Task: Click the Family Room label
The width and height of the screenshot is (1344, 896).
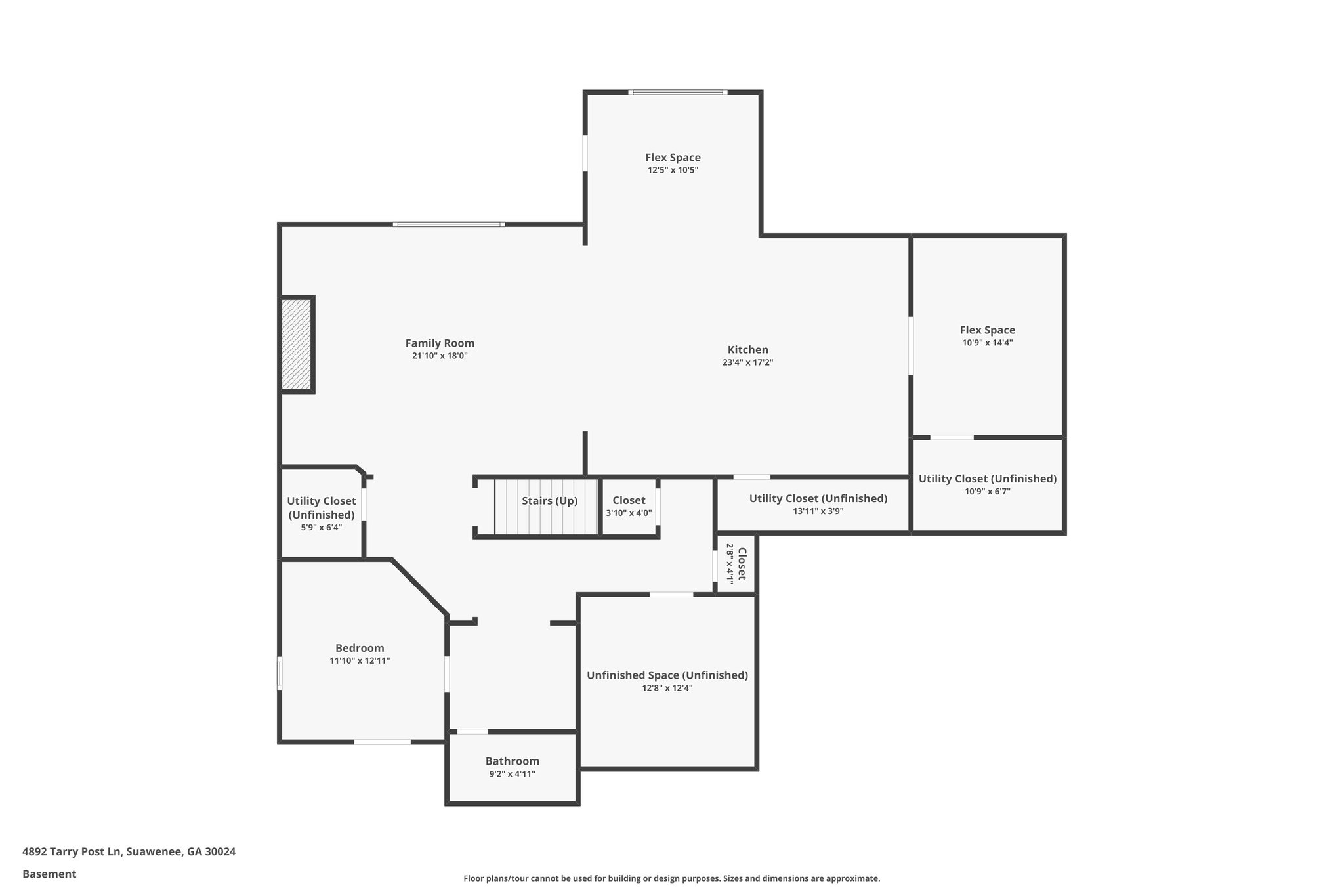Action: click(440, 343)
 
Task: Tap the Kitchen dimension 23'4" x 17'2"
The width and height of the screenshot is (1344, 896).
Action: click(747, 362)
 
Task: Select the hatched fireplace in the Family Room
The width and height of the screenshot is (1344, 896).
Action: click(297, 345)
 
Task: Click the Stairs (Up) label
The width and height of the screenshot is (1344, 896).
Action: click(549, 501)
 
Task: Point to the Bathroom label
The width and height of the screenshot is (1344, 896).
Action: click(512, 761)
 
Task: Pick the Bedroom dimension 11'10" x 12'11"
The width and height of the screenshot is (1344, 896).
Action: click(360, 661)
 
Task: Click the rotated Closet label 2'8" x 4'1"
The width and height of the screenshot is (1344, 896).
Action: click(736, 564)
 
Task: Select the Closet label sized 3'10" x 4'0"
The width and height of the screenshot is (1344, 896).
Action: click(629, 501)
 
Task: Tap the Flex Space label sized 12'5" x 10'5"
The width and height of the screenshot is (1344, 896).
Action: click(673, 158)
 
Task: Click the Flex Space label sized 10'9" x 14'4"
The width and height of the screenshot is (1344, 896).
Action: click(987, 330)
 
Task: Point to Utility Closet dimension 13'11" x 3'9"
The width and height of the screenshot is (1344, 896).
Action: click(818, 511)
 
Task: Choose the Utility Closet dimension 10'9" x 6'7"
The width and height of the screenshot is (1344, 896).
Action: click(987, 491)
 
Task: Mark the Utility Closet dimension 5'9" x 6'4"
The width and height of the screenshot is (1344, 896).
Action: click(322, 527)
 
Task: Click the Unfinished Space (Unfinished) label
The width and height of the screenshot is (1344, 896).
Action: click(667, 675)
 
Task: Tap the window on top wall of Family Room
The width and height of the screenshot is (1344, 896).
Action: click(449, 224)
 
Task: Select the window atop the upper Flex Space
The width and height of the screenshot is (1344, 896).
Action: click(677, 93)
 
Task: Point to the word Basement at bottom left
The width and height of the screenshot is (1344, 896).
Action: click(49, 874)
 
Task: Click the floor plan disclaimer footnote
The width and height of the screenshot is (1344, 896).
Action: click(671, 878)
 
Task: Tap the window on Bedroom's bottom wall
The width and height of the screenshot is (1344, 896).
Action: click(383, 742)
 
